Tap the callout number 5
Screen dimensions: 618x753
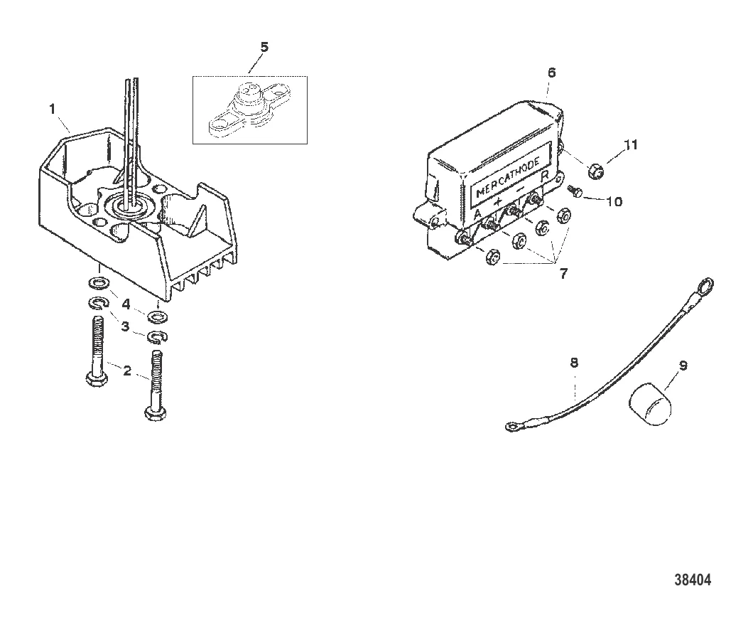(x=264, y=48)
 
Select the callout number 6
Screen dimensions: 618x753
(x=552, y=73)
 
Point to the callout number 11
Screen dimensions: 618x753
(x=631, y=145)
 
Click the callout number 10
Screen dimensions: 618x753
(x=613, y=201)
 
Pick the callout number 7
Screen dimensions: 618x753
(x=563, y=273)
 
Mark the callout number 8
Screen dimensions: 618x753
(x=574, y=363)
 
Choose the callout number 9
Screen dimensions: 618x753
(x=683, y=366)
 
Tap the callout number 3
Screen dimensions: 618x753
(x=126, y=326)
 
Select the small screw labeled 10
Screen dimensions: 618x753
(x=576, y=191)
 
